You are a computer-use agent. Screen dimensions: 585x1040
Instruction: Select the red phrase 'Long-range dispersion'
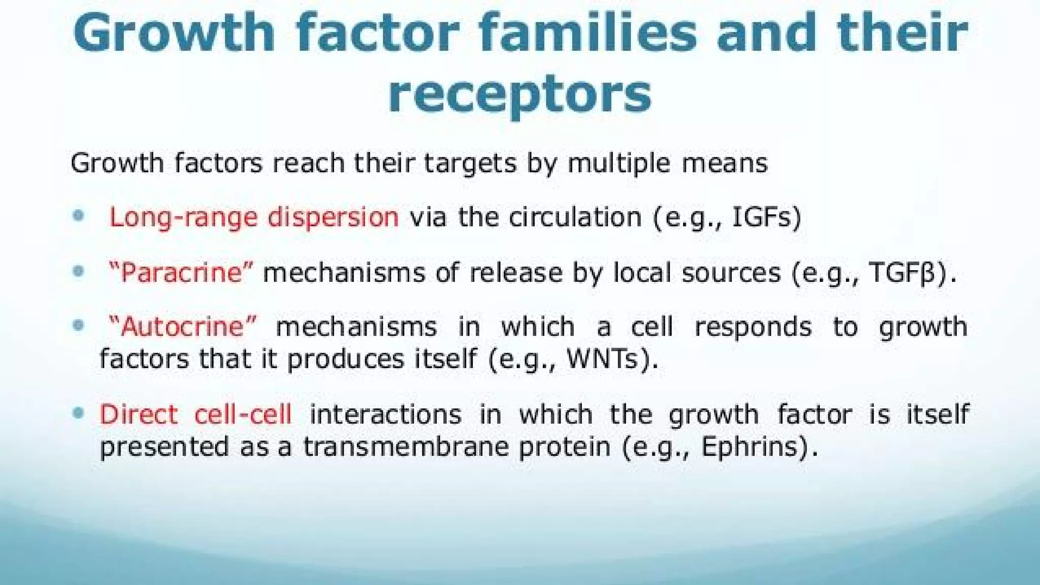(x=254, y=217)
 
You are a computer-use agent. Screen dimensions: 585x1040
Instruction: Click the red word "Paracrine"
(x=180, y=273)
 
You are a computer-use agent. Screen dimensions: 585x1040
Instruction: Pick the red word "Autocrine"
(x=183, y=327)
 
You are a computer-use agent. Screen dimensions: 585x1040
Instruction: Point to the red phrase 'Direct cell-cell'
(x=196, y=414)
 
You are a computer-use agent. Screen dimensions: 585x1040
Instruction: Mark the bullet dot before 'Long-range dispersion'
(x=78, y=216)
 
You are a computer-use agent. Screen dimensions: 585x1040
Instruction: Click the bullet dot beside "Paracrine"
(x=78, y=271)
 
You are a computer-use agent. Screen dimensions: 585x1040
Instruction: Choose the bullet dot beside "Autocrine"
(x=78, y=325)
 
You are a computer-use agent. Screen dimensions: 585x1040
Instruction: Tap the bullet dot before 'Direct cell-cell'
(x=78, y=413)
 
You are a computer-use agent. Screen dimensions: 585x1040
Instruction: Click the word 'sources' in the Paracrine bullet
(x=731, y=273)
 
